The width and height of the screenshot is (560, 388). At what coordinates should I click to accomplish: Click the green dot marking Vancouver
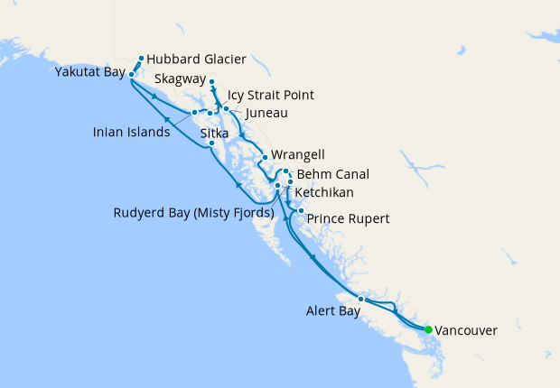(x=428, y=329)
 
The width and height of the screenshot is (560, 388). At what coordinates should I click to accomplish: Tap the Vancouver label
(x=466, y=331)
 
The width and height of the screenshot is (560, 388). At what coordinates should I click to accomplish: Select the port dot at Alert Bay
(x=360, y=299)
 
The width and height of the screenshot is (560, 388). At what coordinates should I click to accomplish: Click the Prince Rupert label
(x=349, y=218)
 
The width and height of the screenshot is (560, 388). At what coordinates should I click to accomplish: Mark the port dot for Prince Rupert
(x=301, y=211)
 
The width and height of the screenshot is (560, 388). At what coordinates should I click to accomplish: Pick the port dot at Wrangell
(x=264, y=159)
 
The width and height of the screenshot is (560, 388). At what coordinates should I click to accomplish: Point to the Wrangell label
(x=297, y=155)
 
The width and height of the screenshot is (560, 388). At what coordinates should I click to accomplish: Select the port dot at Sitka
(x=211, y=143)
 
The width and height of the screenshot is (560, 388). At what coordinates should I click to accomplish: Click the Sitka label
(x=215, y=132)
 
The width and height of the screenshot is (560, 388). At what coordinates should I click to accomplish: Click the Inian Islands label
(x=131, y=132)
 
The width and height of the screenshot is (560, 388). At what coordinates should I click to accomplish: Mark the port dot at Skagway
(x=211, y=82)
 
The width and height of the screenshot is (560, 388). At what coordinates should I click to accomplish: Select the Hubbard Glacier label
(x=196, y=59)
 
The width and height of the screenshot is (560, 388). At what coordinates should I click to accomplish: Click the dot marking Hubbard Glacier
(x=142, y=59)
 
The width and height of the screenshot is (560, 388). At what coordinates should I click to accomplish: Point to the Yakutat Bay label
(x=89, y=72)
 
